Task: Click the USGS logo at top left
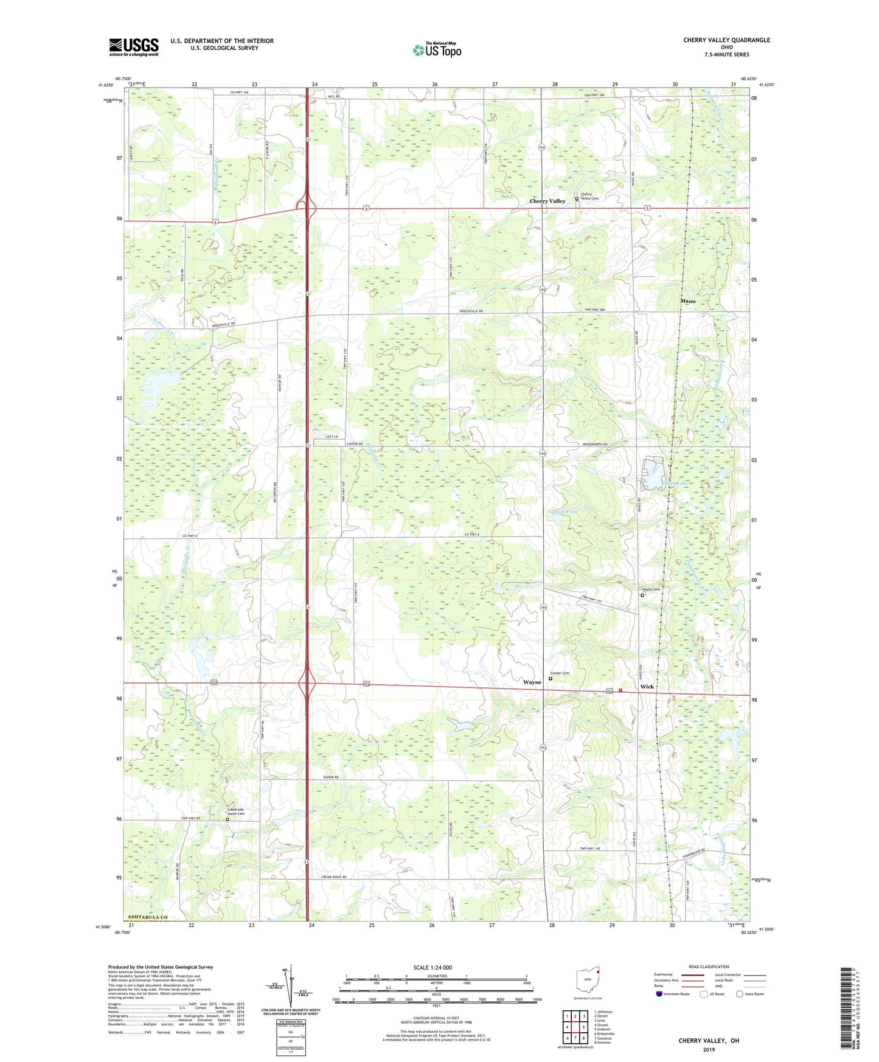[x=133, y=47]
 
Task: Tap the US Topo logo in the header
[x=437, y=49]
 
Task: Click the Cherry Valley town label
[x=547, y=201]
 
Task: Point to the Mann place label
[x=687, y=301]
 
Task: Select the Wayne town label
[x=532, y=682]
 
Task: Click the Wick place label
[x=647, y=687]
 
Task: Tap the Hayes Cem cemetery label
[x=651, y=589]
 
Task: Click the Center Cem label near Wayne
[x=561, y=673]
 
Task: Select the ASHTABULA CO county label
[x=147, y=917]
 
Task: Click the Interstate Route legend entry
[x=673, y=994]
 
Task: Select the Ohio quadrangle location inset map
[x=587, y=979]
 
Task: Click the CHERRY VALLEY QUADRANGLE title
[x=726, y=40]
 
